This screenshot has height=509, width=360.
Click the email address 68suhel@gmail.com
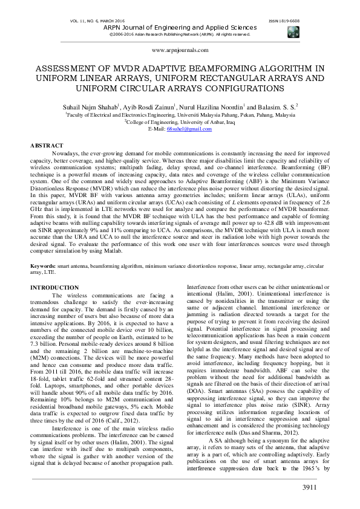pyautogui.click(x=183, y=129)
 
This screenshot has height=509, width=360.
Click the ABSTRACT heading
pyautogui.click(x=47, y=146)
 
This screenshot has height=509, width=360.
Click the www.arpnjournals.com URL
pyautogui.click(x=180, y=50)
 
